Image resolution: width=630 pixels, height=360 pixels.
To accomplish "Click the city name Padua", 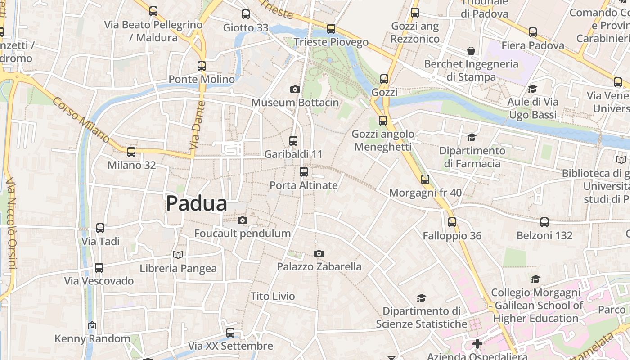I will (x=197, y=203).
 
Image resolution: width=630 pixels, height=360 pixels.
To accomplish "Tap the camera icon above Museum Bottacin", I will (x=295, y=89).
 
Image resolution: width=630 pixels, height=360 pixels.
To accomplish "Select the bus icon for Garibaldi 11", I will (x=293, y=140).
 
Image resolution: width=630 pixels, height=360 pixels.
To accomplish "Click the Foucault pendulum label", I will (x=243, y=234).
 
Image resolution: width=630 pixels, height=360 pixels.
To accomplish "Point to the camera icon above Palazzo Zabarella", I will (x=319, y=254).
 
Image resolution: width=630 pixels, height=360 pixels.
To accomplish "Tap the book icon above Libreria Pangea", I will (x=178, y=255).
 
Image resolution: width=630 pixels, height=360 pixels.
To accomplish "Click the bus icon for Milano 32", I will (x=131, y=152).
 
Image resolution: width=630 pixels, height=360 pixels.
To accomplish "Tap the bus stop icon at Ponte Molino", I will (x=202, y=66).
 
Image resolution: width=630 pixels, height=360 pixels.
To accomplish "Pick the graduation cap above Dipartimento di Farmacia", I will (x=472, y=137).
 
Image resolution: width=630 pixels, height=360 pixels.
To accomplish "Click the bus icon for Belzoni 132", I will (x=544, y=222).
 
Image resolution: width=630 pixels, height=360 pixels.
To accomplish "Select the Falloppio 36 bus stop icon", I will (x=452, y=222).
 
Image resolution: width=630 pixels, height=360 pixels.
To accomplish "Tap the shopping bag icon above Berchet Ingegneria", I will (x=471, y=50).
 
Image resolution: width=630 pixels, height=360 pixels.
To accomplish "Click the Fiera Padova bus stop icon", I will (x=533, y=32).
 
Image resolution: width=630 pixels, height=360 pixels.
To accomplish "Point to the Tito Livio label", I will (x=273, y=296).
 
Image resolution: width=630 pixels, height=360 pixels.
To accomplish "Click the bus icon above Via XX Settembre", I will (x=230, y=333).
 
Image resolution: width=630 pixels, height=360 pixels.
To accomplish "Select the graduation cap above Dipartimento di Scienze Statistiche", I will (x=421, y=298).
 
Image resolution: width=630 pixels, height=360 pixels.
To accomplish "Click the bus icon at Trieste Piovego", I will (x=331, y=29).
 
